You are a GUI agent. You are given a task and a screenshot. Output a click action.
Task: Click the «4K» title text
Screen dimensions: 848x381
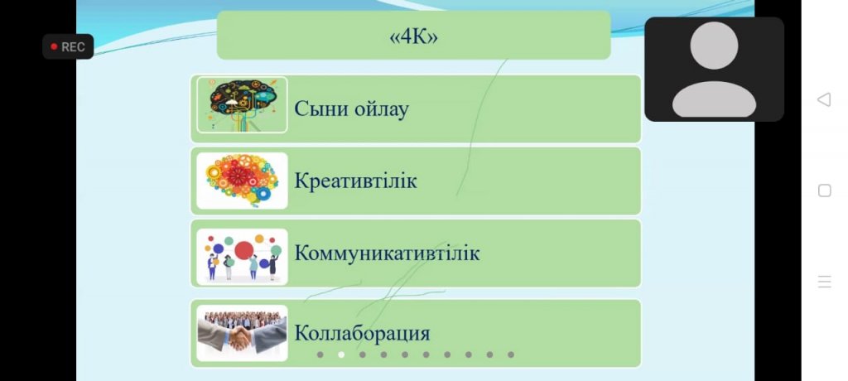point(414,37)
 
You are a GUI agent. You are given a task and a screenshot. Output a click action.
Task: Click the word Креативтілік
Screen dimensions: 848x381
point(355,181)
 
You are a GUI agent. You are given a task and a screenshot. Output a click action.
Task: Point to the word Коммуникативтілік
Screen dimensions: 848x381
point(387,253)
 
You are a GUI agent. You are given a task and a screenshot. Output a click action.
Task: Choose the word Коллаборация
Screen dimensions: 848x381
point(362,333)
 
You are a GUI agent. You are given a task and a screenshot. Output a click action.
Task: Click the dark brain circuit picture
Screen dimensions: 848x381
point(242,105)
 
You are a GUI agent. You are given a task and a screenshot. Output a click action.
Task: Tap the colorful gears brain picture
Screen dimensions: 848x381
point(242,181)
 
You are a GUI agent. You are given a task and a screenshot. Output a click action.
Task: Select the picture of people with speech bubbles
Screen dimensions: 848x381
point(242,257)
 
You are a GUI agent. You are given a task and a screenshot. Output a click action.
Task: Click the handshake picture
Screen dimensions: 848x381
point(242,333)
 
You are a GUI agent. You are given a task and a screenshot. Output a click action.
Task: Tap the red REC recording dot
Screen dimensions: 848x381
point(54,46)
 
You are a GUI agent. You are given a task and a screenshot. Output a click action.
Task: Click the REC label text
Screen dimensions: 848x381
point(73,47)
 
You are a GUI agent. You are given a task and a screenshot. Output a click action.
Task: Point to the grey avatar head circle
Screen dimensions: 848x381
point(714,46)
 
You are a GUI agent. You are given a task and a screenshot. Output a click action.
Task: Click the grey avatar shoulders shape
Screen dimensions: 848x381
point(714,100)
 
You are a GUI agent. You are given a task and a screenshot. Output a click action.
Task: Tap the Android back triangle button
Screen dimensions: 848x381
point(824,99)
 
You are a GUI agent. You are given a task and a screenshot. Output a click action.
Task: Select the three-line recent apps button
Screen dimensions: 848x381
point(824,282)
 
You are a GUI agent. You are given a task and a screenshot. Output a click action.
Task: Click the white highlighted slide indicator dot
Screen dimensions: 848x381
point(341,354)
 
